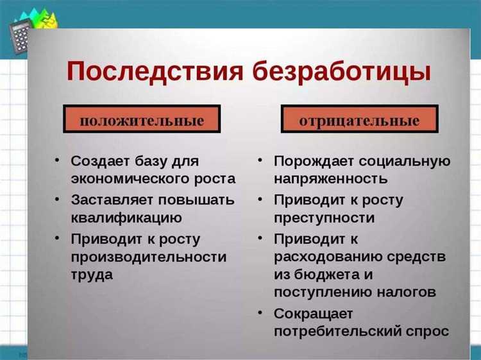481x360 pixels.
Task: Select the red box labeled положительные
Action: point(142,120)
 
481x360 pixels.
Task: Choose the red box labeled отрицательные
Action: point(359,120)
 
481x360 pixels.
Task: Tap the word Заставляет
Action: point(111,200)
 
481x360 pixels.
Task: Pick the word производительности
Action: point(148,257)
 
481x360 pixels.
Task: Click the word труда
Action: point(92,275)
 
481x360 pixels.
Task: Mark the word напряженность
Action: point(330,178)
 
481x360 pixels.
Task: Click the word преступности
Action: point(324,218)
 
